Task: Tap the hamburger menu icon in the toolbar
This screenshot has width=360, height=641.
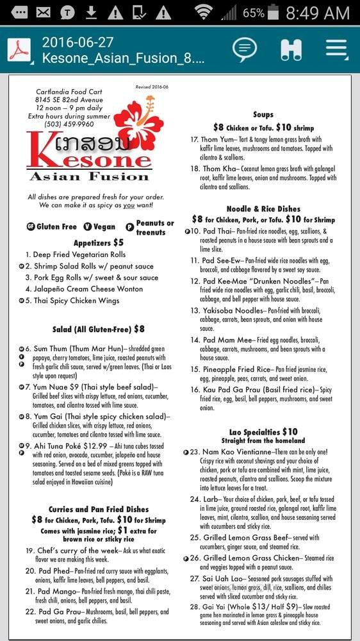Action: pyautogui.click(x=336, y=49)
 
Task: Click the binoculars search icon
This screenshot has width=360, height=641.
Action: pyautogui.click(x=291, y=49)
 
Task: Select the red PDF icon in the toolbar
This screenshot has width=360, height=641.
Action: pyautogui.click(x=19, y=50)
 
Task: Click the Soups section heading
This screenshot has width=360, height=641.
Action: pyautogui.click(x=263, y=115)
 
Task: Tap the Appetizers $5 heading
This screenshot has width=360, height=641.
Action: pyautogui.click(x=98, y=242)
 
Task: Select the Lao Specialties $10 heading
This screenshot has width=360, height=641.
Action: pyautogui.click(x=263, y=432)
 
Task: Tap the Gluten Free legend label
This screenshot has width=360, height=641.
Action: pyautogui.click(x=56, y=226)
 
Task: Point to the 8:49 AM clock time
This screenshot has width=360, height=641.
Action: pyautogui.click(x=318, y=12)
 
